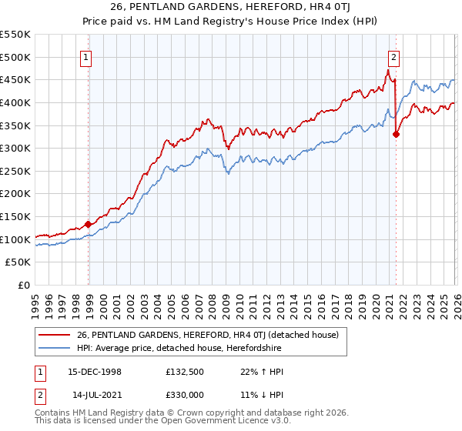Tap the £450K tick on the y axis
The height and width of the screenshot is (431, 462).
15,79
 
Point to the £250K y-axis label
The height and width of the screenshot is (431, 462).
15,171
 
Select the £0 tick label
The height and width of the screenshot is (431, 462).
23,285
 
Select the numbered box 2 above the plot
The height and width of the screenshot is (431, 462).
393,56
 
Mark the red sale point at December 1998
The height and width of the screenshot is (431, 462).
88,225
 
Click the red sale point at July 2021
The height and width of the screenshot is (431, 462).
396,134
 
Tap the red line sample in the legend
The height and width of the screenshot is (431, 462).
55,334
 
